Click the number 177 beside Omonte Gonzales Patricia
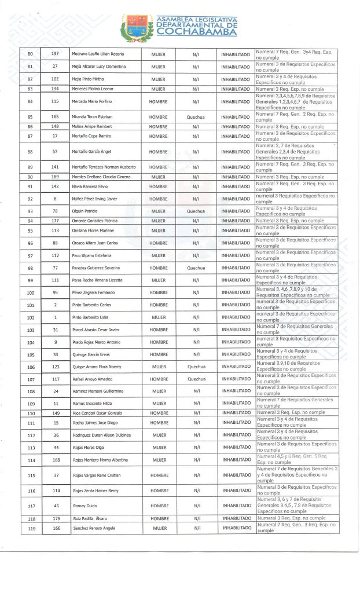[56, 221]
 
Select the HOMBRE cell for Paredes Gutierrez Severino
[158, 268]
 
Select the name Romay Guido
[82, 506]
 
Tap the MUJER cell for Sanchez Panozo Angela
[158, 528]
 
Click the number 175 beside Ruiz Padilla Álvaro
[56, 518]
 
